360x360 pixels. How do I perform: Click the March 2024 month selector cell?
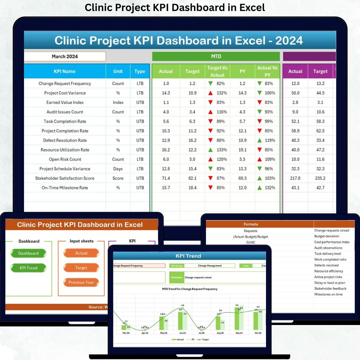coord(65,56)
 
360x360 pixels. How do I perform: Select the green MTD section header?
coord(216,56)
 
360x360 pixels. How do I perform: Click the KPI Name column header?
coord(65,71)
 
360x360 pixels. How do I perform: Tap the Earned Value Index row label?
coord(65,102)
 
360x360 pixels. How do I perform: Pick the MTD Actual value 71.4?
coord(166,178)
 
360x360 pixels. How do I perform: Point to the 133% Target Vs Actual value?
coord(221,150)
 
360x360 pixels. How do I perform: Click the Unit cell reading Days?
coord(118,169)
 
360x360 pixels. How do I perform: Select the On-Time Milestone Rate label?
coord(65,188)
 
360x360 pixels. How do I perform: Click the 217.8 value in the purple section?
coord(295,178)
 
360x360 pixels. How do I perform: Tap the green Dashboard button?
coord(28,253)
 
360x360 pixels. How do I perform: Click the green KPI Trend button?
coord(28,268)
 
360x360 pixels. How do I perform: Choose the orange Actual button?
coord(81,253)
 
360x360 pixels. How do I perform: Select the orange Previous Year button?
coord(81,282)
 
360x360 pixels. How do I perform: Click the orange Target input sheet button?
coord(81,268)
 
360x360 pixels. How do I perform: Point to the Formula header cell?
coord(251,224)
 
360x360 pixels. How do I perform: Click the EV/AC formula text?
coord(251,242)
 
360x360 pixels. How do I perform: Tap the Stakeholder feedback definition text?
coord(330,289)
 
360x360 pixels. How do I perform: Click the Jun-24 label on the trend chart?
coord(182,333)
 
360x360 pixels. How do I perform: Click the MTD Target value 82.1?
coord(192,178)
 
